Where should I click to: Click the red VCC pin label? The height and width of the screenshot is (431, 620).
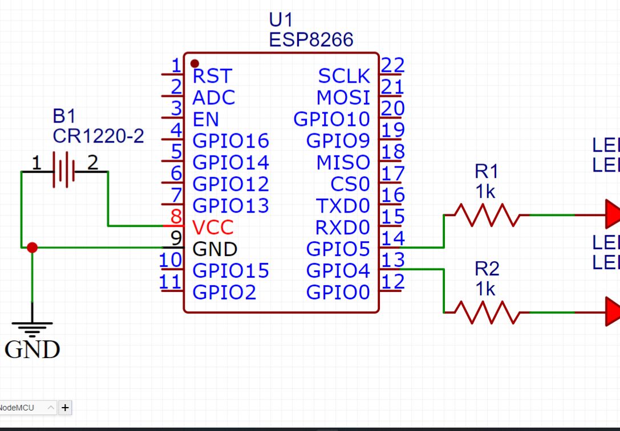pos(213,227)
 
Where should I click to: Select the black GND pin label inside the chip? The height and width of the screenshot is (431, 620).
pos(214,249)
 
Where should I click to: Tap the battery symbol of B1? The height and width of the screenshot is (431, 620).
pos(64,170)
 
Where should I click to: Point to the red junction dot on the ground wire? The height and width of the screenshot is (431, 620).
pos(32,247)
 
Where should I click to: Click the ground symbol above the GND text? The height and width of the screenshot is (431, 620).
pos(32,327)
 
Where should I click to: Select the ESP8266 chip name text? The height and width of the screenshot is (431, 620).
pos(311,39)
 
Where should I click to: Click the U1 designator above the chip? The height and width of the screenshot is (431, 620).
pos(280,21)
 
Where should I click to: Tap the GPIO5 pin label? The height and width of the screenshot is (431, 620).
pos(338,249)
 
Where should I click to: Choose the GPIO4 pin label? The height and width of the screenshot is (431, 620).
pos(338,270)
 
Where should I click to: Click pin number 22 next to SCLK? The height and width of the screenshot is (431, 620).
pos(392,65)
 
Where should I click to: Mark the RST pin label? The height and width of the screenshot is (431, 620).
pos(212,76)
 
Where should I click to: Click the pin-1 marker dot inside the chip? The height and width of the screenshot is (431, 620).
pos(194,63)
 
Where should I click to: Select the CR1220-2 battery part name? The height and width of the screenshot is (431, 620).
pos(98,137)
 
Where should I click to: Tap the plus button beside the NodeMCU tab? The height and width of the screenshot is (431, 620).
pos(65,407)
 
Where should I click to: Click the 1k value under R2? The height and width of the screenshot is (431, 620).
pos(485,290)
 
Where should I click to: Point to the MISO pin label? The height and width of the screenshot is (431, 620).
pos(343,162)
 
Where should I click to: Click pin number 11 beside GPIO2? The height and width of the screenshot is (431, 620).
pos(171,282)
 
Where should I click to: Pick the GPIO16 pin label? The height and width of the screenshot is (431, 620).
pos(230,141)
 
